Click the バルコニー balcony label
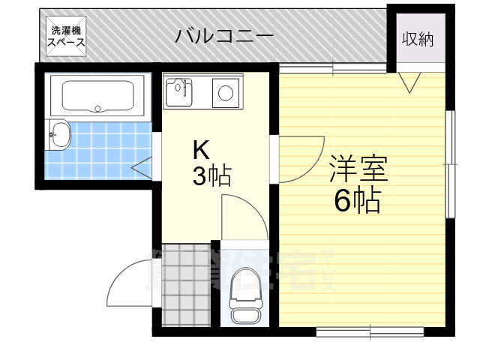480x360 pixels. point(224,36)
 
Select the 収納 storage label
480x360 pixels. point(418,39)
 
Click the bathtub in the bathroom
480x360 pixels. point(97,95)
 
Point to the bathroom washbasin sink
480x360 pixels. point(59,136)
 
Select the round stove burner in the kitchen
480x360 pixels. point(224,93)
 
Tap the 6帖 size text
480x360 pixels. point(357,201)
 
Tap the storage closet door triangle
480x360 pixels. point(410,81)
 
